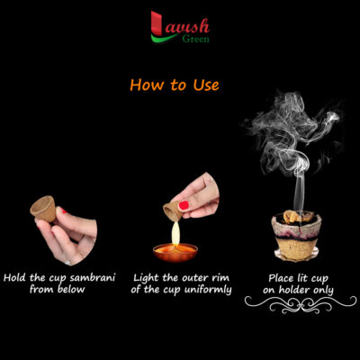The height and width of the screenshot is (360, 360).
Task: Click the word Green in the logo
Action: tap(195, 39)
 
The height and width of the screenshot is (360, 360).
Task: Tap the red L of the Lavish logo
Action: tap(157, 24)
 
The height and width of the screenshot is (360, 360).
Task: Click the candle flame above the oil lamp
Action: tap(175, 233)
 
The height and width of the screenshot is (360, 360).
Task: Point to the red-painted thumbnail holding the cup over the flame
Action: tap(184, 205)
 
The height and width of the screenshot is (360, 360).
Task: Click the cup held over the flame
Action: tap(172, 211)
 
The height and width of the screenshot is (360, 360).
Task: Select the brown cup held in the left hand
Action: tap(44, 209)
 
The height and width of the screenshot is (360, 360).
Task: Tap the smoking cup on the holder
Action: tap(296, 234)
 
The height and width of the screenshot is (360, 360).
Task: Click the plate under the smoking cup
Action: tap(296, 256)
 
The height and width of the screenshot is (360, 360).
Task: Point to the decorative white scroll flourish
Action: tap(301, 303)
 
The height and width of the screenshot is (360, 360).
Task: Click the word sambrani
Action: tap(92, 278)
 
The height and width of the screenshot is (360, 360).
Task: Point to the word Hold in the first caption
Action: tap(14, 277)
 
